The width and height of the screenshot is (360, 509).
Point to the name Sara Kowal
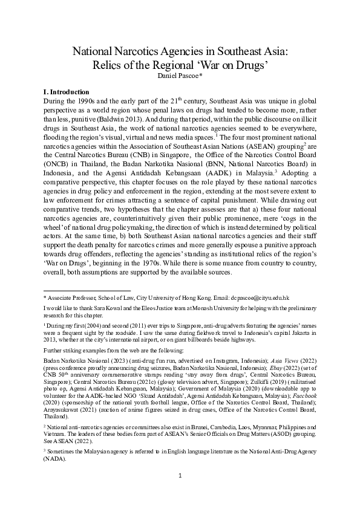[102, 308]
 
